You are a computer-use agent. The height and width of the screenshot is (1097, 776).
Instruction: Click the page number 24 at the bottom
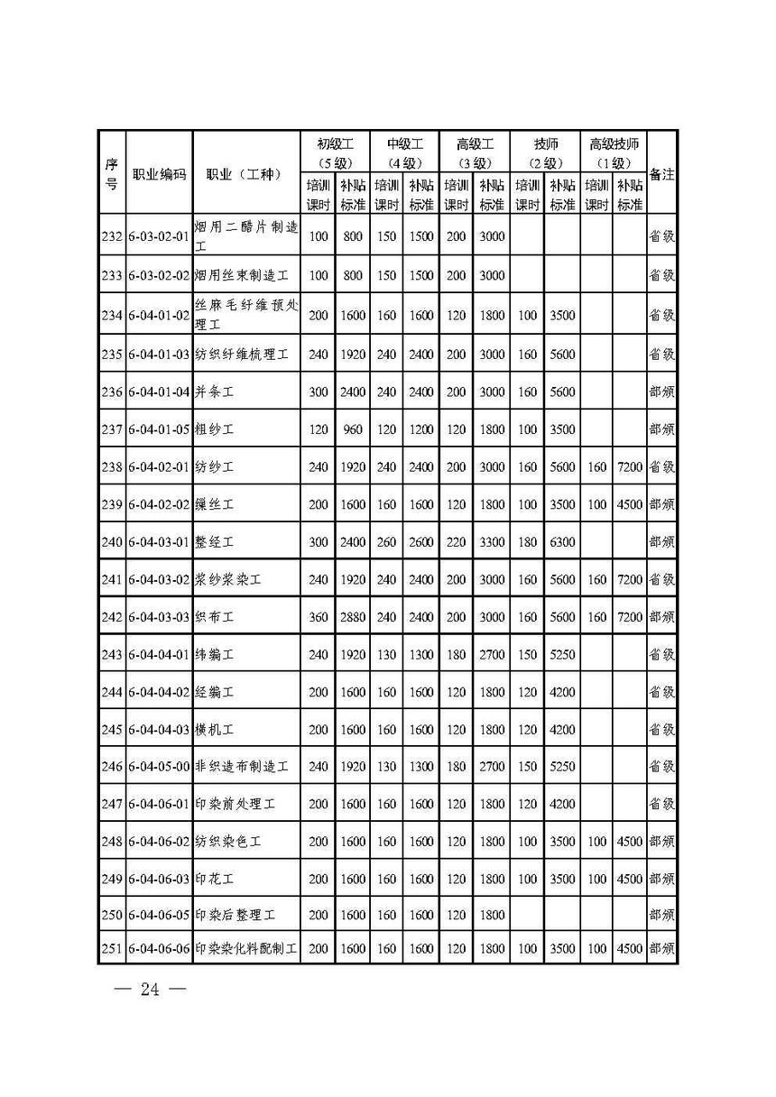[x=149, y=990]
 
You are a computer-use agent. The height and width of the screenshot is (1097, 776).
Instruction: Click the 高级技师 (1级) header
[x=614, y=152]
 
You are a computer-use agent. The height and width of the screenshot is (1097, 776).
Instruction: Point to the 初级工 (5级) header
[x=335, y=152]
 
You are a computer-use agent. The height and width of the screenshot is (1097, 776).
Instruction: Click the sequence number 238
[x=112, y=467]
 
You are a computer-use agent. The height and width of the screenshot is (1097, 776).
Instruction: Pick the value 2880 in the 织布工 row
[x=353, y=617]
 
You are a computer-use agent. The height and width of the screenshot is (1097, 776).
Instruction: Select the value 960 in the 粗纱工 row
[x=353, y=429]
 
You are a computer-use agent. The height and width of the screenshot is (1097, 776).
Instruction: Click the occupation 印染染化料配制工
[x=245, y=948]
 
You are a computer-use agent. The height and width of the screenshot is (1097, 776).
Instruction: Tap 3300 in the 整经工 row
[x=492, y=542]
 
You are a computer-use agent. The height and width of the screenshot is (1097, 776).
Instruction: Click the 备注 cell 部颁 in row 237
[x=662, y=429]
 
